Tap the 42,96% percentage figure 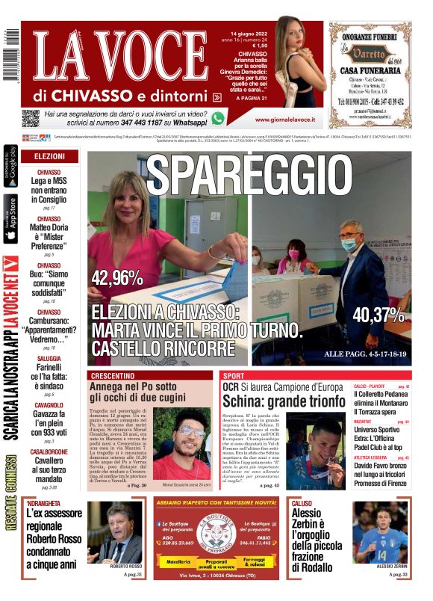(x=116, y=278)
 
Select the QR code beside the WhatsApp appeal (x=30, y=117)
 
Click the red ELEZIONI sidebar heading (x=50, y=156)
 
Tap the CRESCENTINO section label (x=114, y=375)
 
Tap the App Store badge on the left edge (x=10, y=218)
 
